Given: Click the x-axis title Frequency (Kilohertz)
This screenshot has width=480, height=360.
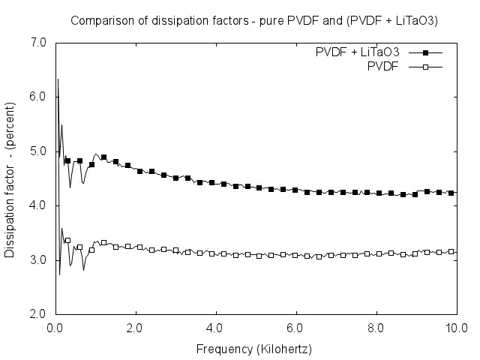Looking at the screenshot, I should pos(253,349).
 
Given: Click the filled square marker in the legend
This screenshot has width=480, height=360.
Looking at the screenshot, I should pos(425,53).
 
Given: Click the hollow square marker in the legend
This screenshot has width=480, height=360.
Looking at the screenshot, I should pos(425,67).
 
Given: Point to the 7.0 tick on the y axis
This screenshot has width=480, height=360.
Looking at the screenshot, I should pos(40,43).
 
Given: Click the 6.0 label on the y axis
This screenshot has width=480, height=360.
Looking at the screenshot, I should pos(40,97).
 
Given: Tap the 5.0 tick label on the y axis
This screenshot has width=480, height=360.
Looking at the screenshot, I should pos(40,151).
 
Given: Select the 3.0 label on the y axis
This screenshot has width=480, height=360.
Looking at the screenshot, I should pos(40,259).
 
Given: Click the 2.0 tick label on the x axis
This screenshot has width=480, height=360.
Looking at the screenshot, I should pos(135,328).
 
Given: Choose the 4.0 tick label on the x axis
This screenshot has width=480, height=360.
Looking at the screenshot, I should pos(215,328).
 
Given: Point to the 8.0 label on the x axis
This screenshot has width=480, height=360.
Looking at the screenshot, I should pos(376,328).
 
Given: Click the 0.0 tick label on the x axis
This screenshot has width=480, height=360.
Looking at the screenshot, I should pos(55,328).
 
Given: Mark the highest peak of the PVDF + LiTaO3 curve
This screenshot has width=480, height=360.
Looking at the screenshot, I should pos(57,79).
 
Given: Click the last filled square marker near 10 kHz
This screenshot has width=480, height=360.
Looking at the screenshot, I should pos(451,193).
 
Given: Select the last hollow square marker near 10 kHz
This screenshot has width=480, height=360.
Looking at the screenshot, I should pos(451,251).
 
